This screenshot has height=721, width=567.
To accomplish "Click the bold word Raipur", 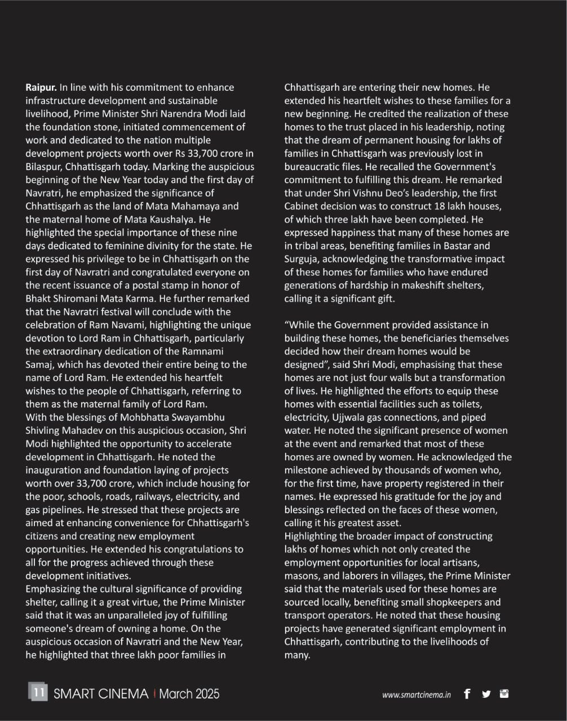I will tap(41, 87).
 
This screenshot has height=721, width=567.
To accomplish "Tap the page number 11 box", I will tap(38, 692).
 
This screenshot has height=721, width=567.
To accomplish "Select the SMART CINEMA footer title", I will tap(101, 693).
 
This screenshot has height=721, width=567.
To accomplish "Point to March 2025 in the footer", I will tap(189, 693).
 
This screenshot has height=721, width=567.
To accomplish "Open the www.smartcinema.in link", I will tap(416, 695).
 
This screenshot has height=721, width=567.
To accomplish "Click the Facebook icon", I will tap(467, 694).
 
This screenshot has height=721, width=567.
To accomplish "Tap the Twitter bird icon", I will tap(486, 694).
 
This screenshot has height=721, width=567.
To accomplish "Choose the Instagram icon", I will tap(504, 693).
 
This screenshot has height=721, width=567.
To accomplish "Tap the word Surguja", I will tap(302, 259).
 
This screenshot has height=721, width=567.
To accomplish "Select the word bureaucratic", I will tap(309, 167).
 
